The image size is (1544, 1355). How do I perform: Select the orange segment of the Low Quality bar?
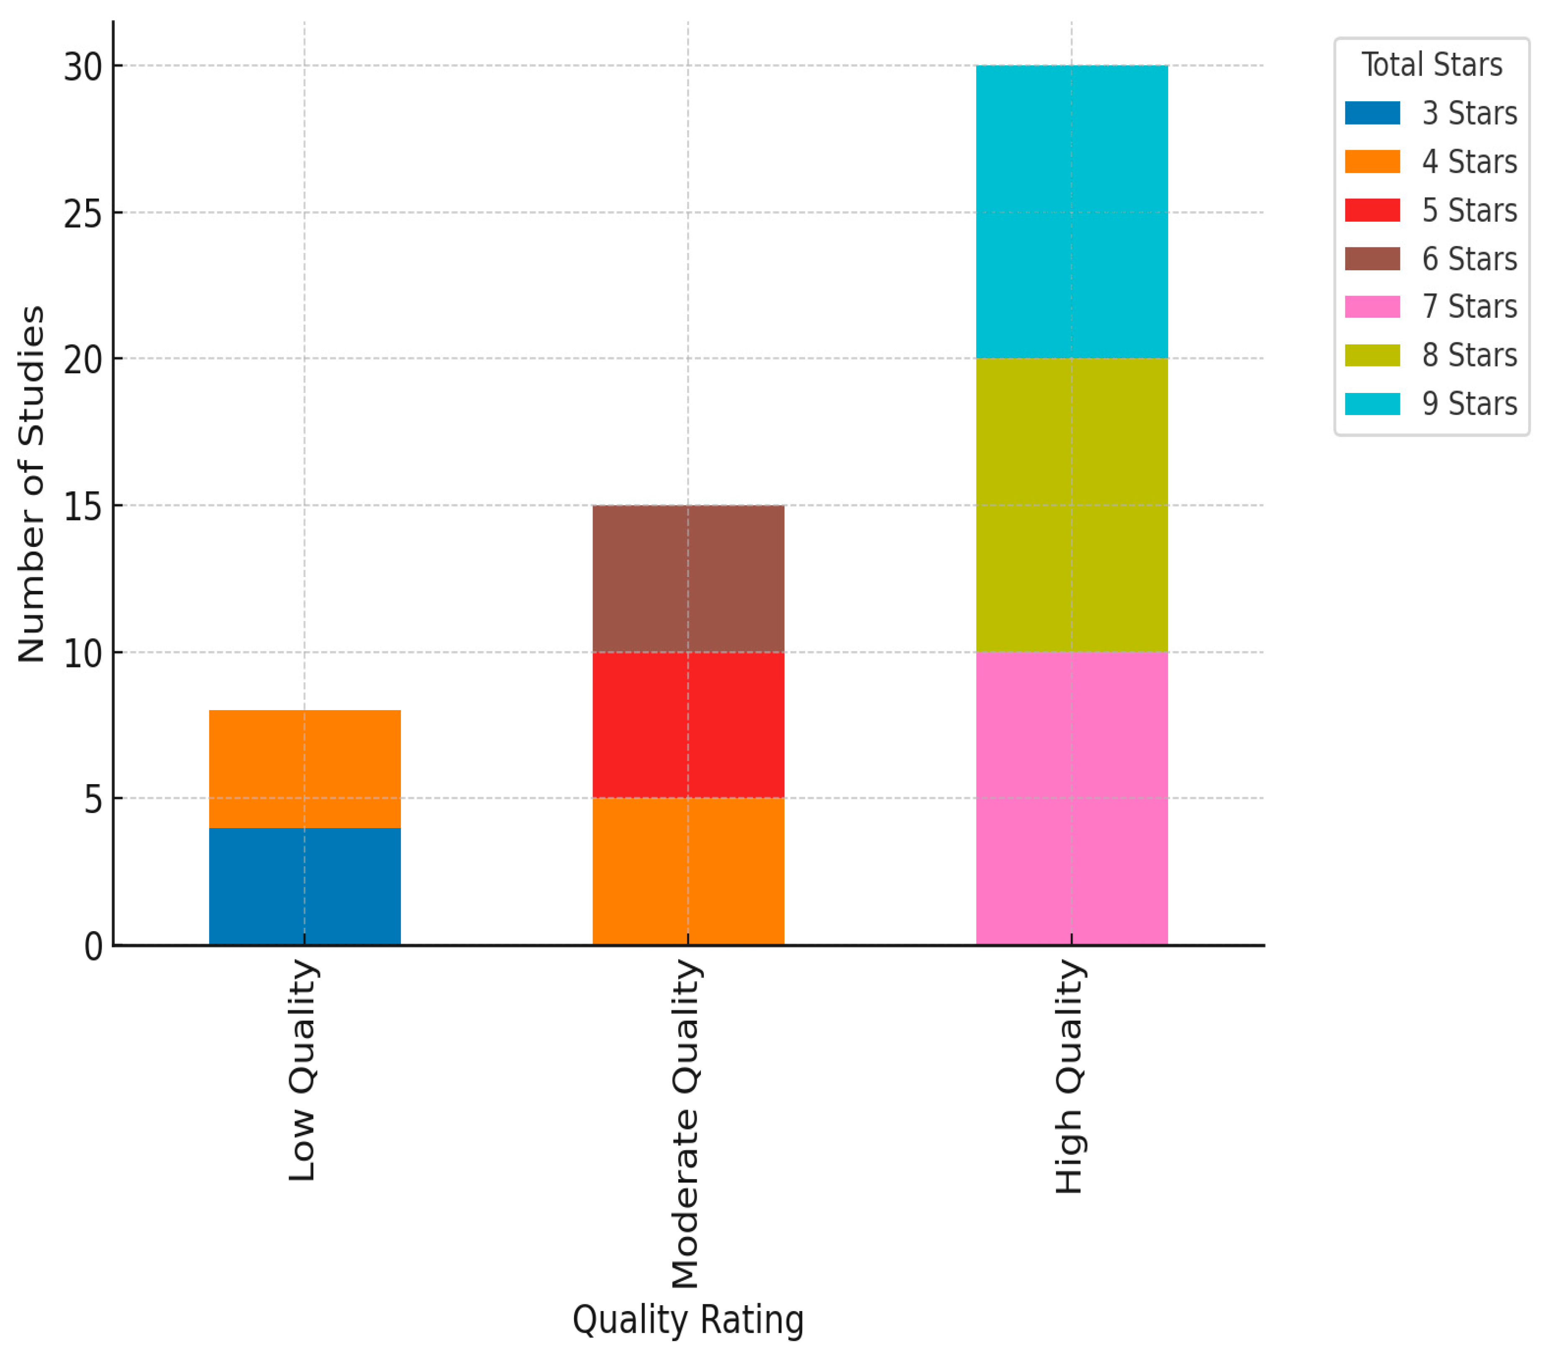pyautogui.click(x=305, y=769)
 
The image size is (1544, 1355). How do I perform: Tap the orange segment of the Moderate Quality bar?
pyautogui.click(x=688, y=871)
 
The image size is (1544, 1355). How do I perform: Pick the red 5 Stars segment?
pyautogui.click(x=688, y=725)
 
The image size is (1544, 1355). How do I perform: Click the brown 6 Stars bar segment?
pyautogui.click(x=688, y=579)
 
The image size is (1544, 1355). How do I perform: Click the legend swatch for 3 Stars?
pyautogui.click(x=1372, y=113)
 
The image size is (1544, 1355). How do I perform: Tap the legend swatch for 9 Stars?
pyautogui.click(x=1372, y=404)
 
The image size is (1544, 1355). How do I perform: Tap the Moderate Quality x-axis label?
pyautogui.click(x=686, y=1124)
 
